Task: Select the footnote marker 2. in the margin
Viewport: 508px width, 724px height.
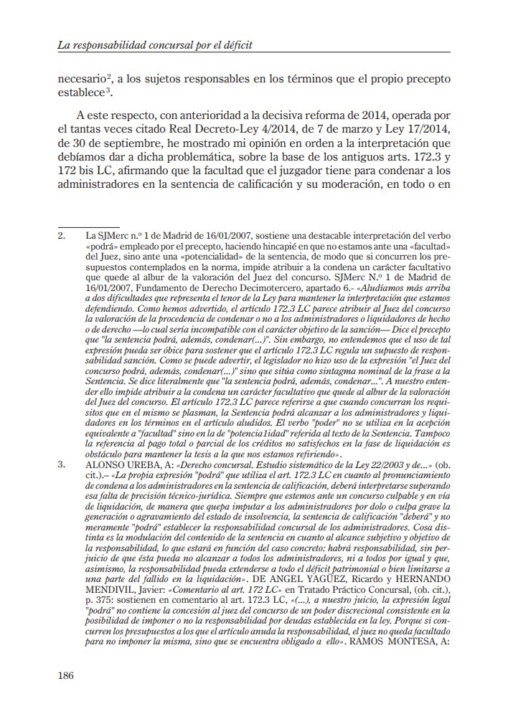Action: (62, 235)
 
